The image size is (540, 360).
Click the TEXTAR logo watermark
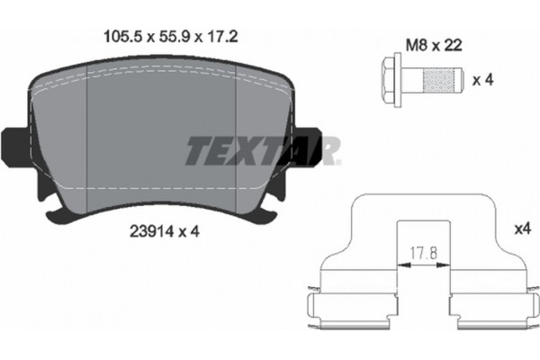(262, 151)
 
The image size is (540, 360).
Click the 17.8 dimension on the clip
(419, 254)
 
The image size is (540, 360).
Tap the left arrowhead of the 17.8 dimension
(399, 264)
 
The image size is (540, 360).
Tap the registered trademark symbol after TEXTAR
(337, 164)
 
